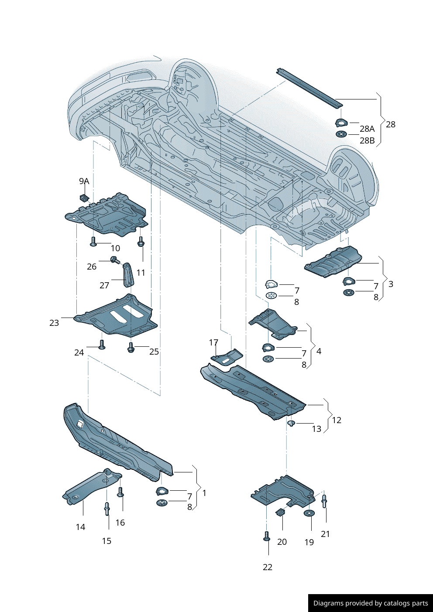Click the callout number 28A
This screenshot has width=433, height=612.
[367, 129]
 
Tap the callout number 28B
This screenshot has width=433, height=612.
[367, 140]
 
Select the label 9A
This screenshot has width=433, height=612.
[84, 181]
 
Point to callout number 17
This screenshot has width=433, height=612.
[213, 342]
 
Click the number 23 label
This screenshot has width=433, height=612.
[54, 323]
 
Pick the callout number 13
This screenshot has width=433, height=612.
[316, 429]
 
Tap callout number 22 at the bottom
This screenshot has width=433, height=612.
[268, 567]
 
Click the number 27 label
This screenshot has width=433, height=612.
[104, 285]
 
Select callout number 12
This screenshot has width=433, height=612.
[337, 420]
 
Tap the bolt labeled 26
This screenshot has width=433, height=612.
[115, 260]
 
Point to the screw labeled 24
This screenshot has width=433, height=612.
[101, 345]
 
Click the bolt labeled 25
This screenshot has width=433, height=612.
[131, 348]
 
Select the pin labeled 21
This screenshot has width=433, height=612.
[324, 500]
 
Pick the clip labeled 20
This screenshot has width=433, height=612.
[281, 512]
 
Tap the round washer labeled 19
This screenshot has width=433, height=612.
[309, 513]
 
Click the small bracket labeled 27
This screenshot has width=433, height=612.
[128, 275]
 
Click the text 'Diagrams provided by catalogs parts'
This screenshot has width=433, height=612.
[371, 603]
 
